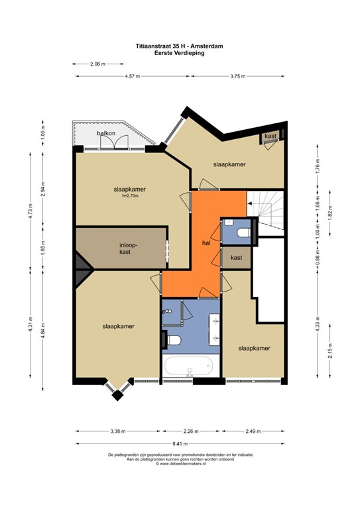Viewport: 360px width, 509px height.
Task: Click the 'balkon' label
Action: point(106,133)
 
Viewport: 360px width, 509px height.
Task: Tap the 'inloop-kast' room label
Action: point(125,249)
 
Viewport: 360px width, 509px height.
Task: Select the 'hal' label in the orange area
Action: point(206,243)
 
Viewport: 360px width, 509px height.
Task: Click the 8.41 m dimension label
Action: point(180,443)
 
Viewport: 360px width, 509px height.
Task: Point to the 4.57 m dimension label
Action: point(133,76)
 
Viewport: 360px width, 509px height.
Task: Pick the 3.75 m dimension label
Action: point(237,76)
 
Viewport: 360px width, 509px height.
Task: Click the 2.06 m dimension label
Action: point(97,64)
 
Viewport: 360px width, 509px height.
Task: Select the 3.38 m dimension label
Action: point(117,431)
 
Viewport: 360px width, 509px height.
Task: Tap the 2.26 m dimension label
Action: point(191,431)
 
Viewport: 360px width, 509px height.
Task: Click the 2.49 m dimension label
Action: point(253,431)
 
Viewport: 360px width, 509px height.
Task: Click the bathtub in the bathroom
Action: point(189,366)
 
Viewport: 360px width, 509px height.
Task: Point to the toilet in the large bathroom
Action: point(173,341)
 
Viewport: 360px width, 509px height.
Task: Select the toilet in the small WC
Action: point(244,233)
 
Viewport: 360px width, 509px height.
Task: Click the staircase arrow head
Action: point(249,203)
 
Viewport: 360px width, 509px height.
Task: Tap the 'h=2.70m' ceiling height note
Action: point(130,196)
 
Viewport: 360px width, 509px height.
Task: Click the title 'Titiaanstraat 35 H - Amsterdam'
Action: point(180,46)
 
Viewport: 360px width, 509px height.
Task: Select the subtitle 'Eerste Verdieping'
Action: point(180,52)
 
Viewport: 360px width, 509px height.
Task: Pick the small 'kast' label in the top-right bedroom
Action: point(270,136)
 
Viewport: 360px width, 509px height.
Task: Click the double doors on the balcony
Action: point(114,142)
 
